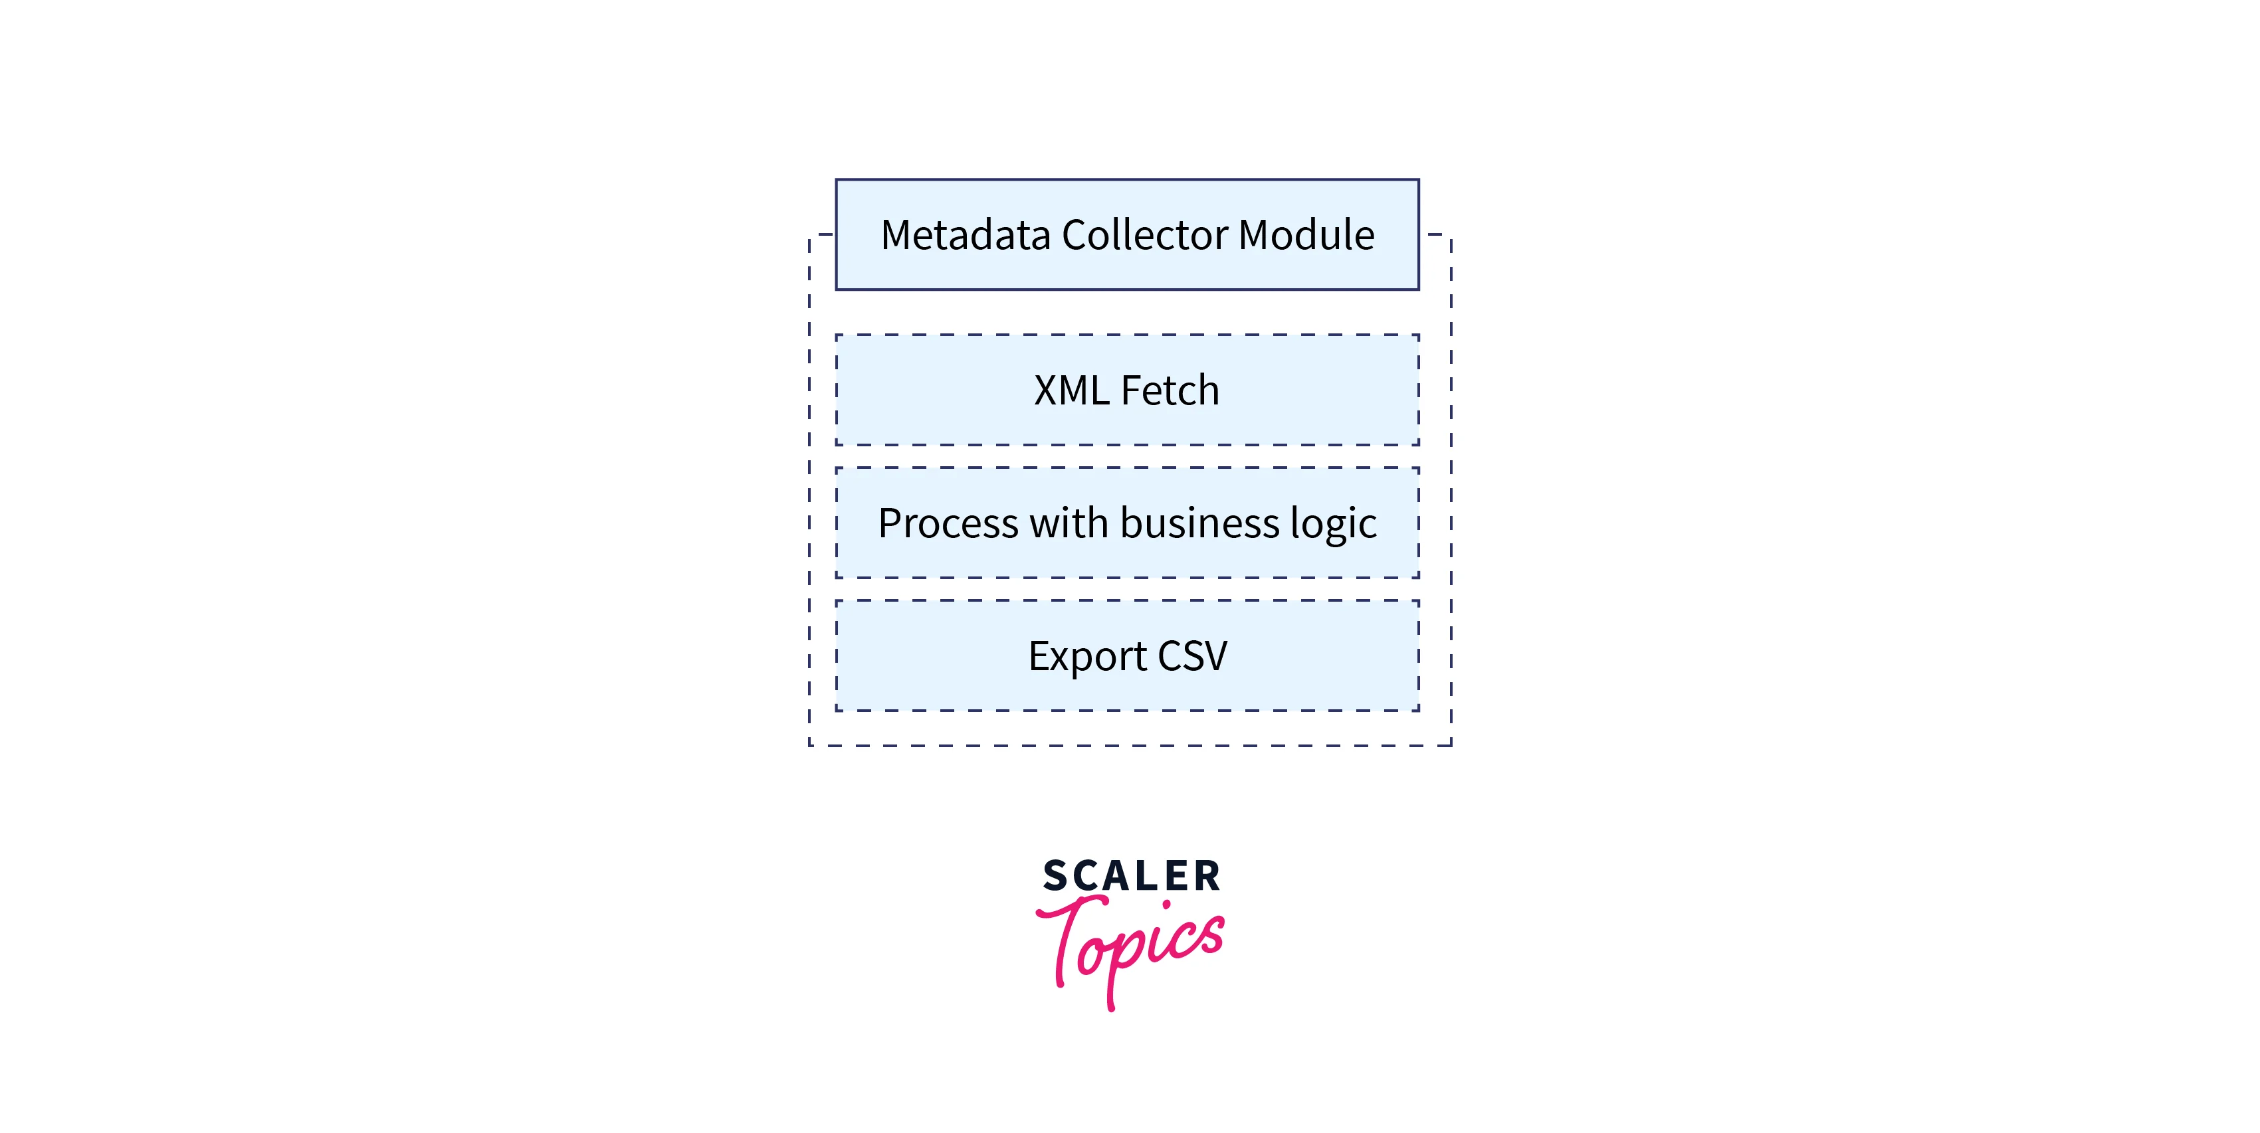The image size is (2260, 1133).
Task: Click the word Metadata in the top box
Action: [x=965, y=235]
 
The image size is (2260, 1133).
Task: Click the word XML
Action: [x=1071, y=391]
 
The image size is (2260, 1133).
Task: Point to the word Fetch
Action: [x=1170, y=391]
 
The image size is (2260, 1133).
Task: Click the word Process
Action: [x=947, y=523]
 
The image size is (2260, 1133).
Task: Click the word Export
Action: [x=1087, y=657]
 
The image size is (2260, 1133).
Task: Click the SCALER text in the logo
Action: [x=1131, y=876]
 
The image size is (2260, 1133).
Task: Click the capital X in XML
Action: [x=1045, y=391]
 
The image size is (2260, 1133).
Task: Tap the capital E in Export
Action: [x=1037, y=656]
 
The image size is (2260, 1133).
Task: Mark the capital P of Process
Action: [x=890, y=523]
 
